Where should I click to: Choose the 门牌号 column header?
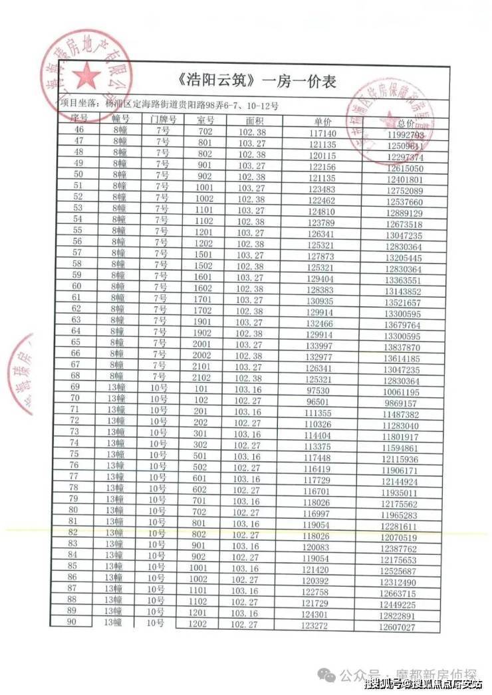163,120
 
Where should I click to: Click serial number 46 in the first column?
80,130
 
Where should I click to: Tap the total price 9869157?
401,403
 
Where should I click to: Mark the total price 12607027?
397,627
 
